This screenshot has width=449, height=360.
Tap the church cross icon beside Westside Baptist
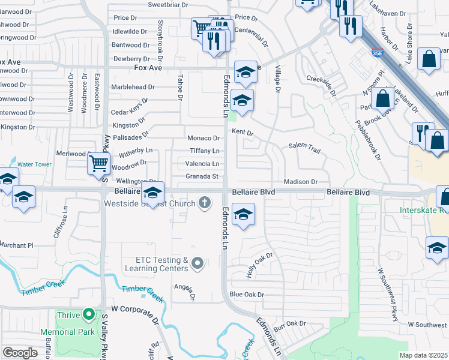[x=205, y=203]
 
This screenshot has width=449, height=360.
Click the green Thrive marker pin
[x=89, y=314]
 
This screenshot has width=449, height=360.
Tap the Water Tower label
[x=34, y=164]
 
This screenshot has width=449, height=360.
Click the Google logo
[x=20, y=352]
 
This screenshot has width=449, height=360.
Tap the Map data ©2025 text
[x=423, y=355]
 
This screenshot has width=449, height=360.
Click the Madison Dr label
[x=301, y=182]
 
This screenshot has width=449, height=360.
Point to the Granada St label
[x=202, y=176]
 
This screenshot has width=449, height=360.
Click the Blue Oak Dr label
[x=247, y=295]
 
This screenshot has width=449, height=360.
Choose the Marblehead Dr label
[x=133, y=87]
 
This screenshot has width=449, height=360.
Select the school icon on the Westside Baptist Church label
[x=152, y=193]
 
